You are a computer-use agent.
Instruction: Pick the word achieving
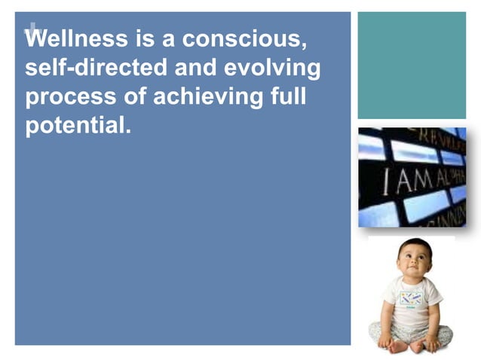click(x=204, y=96)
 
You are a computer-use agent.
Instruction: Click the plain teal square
click(x=411, y=65)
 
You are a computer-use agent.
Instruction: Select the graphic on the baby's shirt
click(x=411, y=299)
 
